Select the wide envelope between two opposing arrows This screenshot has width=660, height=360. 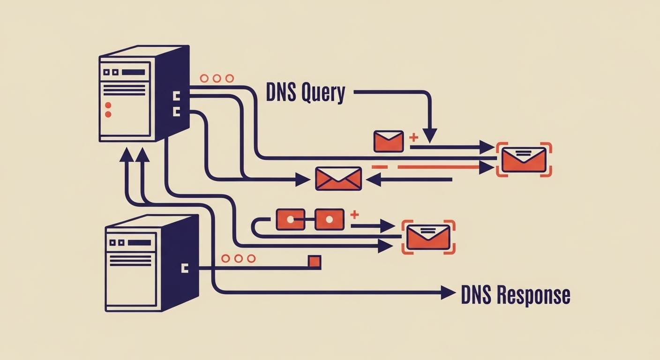(x=338, y=179)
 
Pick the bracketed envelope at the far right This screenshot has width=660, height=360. (x=524, y=159)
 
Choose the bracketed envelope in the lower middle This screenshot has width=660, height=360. (x=428, y=237)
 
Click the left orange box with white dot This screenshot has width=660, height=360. (x=291, y=219)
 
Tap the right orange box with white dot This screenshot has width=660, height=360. (x=329, y=219)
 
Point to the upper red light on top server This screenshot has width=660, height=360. (x=108, y=105)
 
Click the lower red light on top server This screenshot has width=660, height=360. (x=108, y=114)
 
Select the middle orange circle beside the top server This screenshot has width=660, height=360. (x=217, y=79)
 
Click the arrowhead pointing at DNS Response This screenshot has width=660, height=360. (x=448, y=293)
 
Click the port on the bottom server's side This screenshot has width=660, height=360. (x=184, y=268)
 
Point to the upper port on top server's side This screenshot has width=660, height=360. (x=177, y=97)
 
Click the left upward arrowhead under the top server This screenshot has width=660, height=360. (x=126, y=155)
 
